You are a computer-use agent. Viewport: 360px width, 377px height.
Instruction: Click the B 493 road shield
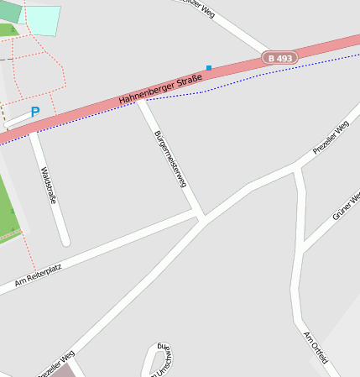pos(279,58)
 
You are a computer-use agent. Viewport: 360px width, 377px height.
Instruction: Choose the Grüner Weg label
pos(346,206)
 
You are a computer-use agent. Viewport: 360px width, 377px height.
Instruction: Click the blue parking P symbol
pos(34,112)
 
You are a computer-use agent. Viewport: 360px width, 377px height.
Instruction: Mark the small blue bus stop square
pos(209,67)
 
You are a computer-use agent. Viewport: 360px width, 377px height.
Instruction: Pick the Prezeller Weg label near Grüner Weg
pos(331,138)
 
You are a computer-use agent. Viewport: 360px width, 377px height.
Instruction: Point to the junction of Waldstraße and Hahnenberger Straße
pos(33,131)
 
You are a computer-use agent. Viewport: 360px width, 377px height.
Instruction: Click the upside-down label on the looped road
pos(161,359)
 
